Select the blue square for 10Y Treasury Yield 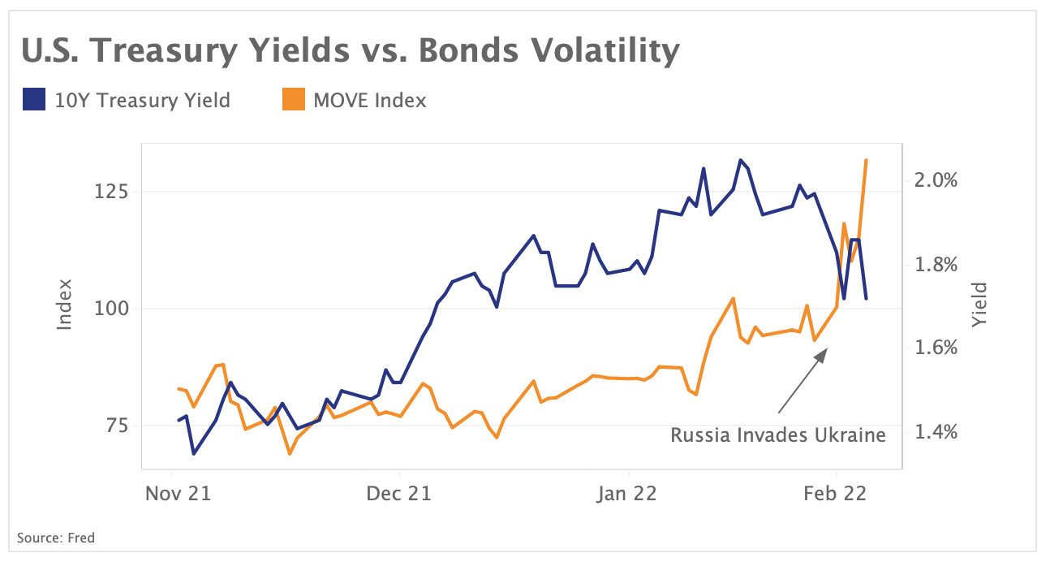pos(34,100)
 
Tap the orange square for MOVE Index pos(293,100)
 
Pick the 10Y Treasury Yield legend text pos(142,101)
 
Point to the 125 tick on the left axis pos(111,192)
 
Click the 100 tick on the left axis pos(111,309)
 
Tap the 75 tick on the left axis pos(115,426)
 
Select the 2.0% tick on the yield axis pos(936,179)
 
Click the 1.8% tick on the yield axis pos(936,264)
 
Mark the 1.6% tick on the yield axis pos(936,348)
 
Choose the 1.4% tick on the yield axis pos(936,431)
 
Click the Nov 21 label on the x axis pos(178,493)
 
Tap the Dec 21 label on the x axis pos(398,493)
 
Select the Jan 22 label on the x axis pos(627,493)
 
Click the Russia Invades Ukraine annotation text pos(777,435)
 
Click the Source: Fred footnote pos(56,537)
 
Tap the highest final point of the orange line pos(867,160)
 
